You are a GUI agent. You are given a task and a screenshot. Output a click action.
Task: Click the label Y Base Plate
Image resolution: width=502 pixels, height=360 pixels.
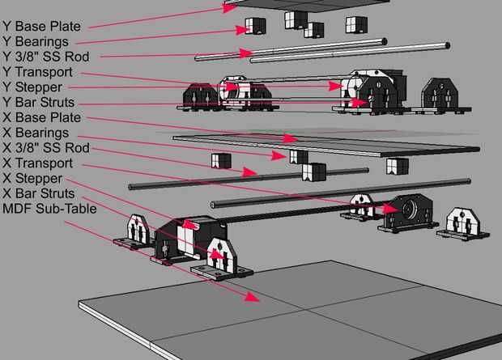pyautogui.click(x=41, y=27)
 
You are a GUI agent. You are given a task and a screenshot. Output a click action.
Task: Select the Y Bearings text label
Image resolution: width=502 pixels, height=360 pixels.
pyautogui.click(x=36, y=42)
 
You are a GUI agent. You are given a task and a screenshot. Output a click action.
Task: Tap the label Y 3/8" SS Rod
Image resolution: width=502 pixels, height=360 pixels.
pyautogui.click(x=46, y=57)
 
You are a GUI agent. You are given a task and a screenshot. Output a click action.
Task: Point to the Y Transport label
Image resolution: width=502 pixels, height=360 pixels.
pyautogui.click(x=37, y=72)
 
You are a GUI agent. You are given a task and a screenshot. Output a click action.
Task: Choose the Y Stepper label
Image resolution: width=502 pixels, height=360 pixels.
pyautogui.click(x=32, y=87)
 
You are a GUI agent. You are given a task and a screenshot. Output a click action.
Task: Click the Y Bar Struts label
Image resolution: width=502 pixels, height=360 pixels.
pyautogui.click(x=38, y=103)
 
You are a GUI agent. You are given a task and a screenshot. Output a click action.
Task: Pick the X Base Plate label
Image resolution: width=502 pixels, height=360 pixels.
pyautogui.click(x=41, y=117)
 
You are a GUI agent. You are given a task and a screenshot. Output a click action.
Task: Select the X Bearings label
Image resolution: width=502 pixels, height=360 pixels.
pyautogui.click(x=36, y=133)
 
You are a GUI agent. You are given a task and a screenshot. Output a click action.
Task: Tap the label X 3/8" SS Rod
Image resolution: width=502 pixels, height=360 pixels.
pyautogui.click(x=46, y=148)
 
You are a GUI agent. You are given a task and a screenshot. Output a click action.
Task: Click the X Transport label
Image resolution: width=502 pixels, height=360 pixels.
pyautogui.click(x=38, y=163)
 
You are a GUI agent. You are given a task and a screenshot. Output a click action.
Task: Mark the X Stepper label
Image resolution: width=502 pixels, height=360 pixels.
pyautogui.click(x=32, y=178)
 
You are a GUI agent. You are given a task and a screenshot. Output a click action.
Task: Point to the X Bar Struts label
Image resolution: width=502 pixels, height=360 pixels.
pyautogui.click(x=39, y=193)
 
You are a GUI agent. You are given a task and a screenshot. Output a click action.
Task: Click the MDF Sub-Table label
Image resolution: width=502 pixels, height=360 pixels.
pyautogui.click(x=49, y=209)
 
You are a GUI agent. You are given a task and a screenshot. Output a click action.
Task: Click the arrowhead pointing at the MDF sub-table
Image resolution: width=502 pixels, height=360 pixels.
pyautogui.click(x=252, y=297)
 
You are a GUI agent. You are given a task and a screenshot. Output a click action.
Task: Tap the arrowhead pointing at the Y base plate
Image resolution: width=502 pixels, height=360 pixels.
pyautogui.click(x=230, y=7)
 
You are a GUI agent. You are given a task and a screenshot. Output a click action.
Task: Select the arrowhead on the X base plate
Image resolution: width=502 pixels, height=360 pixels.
pyautogui.click(x=291, y=138)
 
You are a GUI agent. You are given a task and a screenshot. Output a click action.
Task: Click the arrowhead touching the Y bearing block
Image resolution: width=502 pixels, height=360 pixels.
pyautogui.click(x=242, y=30)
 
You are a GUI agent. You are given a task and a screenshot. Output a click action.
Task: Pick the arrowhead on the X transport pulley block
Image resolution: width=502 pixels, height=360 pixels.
pyautogui.click(x=391, y=209)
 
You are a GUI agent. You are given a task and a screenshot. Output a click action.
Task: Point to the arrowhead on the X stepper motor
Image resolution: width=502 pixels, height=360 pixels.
pyautogui.click(x=191, y=224)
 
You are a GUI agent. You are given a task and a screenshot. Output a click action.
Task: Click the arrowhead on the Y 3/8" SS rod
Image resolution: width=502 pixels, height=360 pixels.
pyautogui.click(x=246, y=53)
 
